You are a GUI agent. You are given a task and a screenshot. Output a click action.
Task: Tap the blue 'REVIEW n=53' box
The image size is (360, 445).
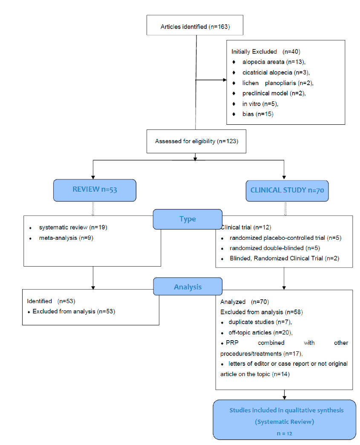tap(95, 189)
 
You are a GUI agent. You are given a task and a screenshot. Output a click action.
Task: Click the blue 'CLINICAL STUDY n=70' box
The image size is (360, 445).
tap(285, 190)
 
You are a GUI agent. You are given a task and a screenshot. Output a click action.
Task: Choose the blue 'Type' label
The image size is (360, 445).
tap(187, 219)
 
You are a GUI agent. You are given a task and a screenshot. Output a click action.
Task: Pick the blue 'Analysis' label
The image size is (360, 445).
tap(187, 287)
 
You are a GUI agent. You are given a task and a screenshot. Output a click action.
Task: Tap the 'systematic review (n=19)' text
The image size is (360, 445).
tap(73, 227)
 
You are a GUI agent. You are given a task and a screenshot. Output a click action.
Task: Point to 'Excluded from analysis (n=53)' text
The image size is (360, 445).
tap(74, 311)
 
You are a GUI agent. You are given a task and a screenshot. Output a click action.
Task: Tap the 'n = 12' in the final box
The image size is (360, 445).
tap(284, 433)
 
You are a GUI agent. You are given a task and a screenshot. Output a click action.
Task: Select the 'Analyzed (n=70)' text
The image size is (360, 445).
tap(244, 301)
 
